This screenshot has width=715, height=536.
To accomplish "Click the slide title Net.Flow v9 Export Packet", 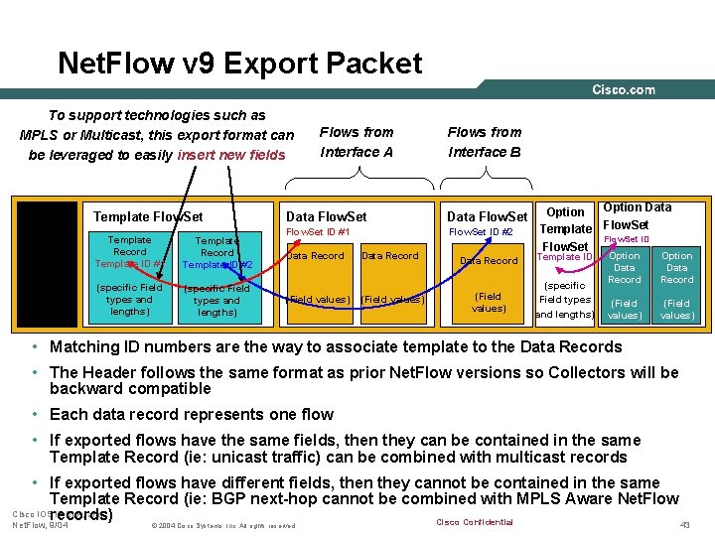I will tap(239, 64).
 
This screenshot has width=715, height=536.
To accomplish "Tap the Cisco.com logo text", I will tap(624, 89).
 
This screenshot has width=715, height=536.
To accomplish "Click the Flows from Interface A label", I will tap(356, 141).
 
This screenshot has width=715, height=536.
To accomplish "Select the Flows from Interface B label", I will tap(484, 141).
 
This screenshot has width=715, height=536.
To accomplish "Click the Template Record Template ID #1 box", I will tap(129, 252).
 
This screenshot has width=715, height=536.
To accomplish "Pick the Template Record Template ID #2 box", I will tap(216, 252).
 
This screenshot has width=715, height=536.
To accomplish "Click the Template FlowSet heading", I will tap(147, 216).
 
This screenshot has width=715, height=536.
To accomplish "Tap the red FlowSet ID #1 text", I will tap(318, 232).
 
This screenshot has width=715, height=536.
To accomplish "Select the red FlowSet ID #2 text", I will tap(481, 232).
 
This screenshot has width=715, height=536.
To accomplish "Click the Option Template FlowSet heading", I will tap(565, 228).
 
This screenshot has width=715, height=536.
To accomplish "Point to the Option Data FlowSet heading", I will tap(637, 215).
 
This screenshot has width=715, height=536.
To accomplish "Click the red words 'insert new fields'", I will tap(230, 155).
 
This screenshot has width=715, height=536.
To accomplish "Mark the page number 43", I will tap(683, 524).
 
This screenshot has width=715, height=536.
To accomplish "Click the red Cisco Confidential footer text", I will tap(475, 523).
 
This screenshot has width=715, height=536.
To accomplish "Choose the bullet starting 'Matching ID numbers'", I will tap(335, 347).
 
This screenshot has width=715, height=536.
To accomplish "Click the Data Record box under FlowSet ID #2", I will tap(488, 260).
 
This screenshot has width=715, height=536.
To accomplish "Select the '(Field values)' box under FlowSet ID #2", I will tap(488, 302).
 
